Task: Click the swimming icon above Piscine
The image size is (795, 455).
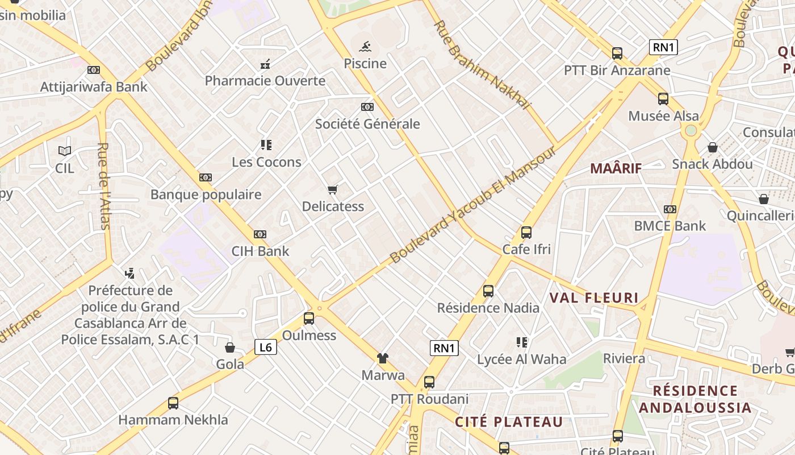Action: [x=365, y=46]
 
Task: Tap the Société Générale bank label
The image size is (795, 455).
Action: [x=367, y=124]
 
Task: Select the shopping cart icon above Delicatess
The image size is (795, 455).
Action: [x=333, y=189]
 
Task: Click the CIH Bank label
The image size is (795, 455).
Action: [x=260, y=251]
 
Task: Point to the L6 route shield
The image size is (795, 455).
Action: [x=266, y=347]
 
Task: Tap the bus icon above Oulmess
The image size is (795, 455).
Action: [x=309, y=318]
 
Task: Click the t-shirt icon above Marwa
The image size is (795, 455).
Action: [x=383, y=358]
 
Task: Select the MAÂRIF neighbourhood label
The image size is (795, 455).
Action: [x=616, y=168]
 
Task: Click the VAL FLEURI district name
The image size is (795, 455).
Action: [x=594, y=298]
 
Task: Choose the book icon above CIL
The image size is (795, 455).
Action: [x=65, y=151]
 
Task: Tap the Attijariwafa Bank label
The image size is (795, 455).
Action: [x=94, y=87]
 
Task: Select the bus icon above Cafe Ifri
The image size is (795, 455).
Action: [x=526, y=232]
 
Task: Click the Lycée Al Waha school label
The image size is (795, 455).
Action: [x=521, y=359]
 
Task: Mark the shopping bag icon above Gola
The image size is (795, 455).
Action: [x=230, y=348]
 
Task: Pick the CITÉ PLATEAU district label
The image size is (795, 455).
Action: [x=509, y=422]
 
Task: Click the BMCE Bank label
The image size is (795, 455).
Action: [x=670, y=226]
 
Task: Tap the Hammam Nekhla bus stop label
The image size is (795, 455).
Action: [x=173, y=420]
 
